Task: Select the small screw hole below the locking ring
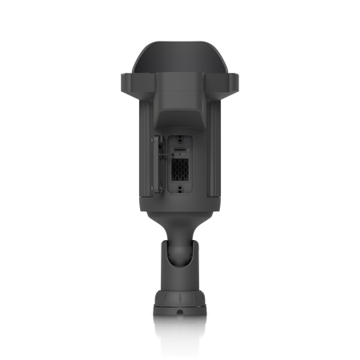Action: tap(181, 314)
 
